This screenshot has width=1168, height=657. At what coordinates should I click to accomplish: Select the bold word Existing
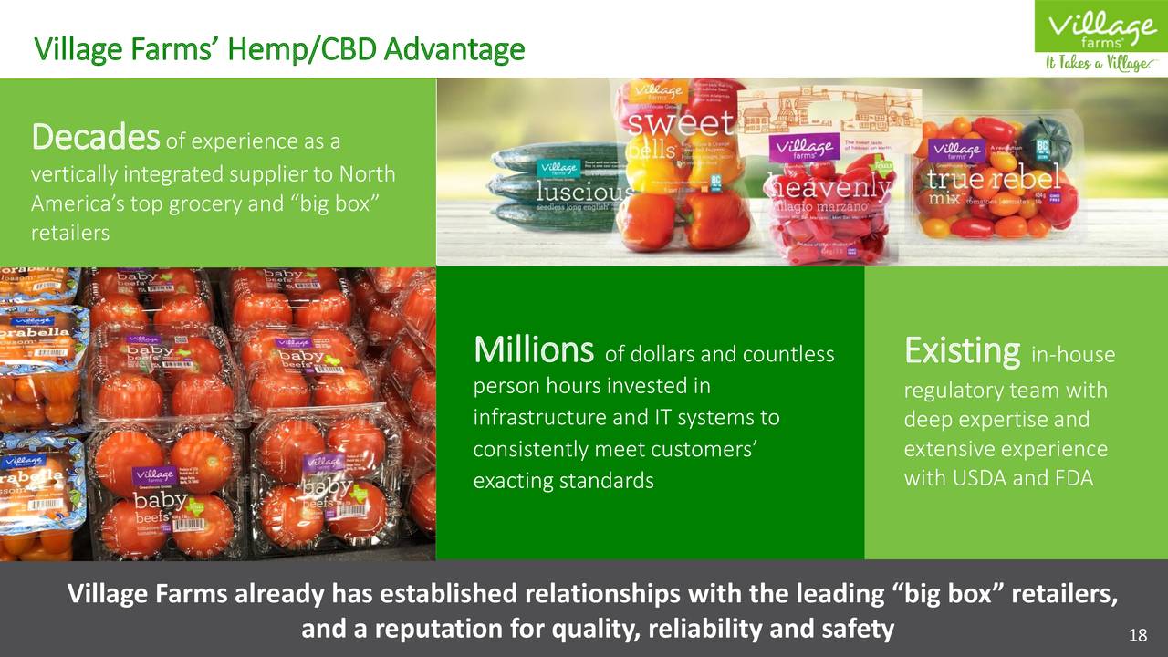pos(961,349)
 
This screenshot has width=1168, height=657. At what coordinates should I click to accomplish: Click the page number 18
pos(1137,635)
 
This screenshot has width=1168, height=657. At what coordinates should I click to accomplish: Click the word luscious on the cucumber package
pos(582,193)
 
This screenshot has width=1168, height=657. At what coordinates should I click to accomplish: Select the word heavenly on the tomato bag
pos(829,186)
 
